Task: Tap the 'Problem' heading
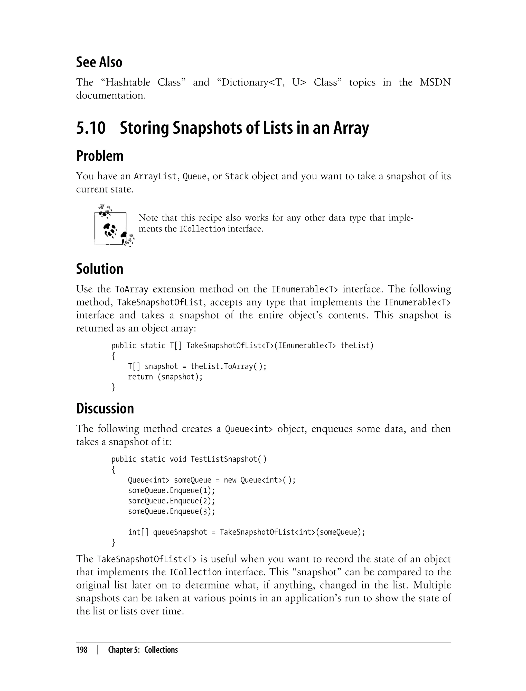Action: (x=100, y=156)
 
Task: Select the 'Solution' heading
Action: (x=100, y=269)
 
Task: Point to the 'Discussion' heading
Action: (x=105, y=409)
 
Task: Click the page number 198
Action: (x=82, y=650)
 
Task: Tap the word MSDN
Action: (x=435, y=82)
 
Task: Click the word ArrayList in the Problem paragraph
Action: (x=155, y=177)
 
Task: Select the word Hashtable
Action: (x=128, y=82)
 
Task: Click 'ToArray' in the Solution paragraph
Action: (x=131, y=289)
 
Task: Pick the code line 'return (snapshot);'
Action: (x=165, y=377)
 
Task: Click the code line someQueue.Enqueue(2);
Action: (x=172, y=501)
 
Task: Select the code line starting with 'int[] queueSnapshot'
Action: (x=246, y=532)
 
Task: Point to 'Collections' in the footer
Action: (x=161, y=650)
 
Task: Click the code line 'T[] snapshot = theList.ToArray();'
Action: (x=197, y=366)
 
